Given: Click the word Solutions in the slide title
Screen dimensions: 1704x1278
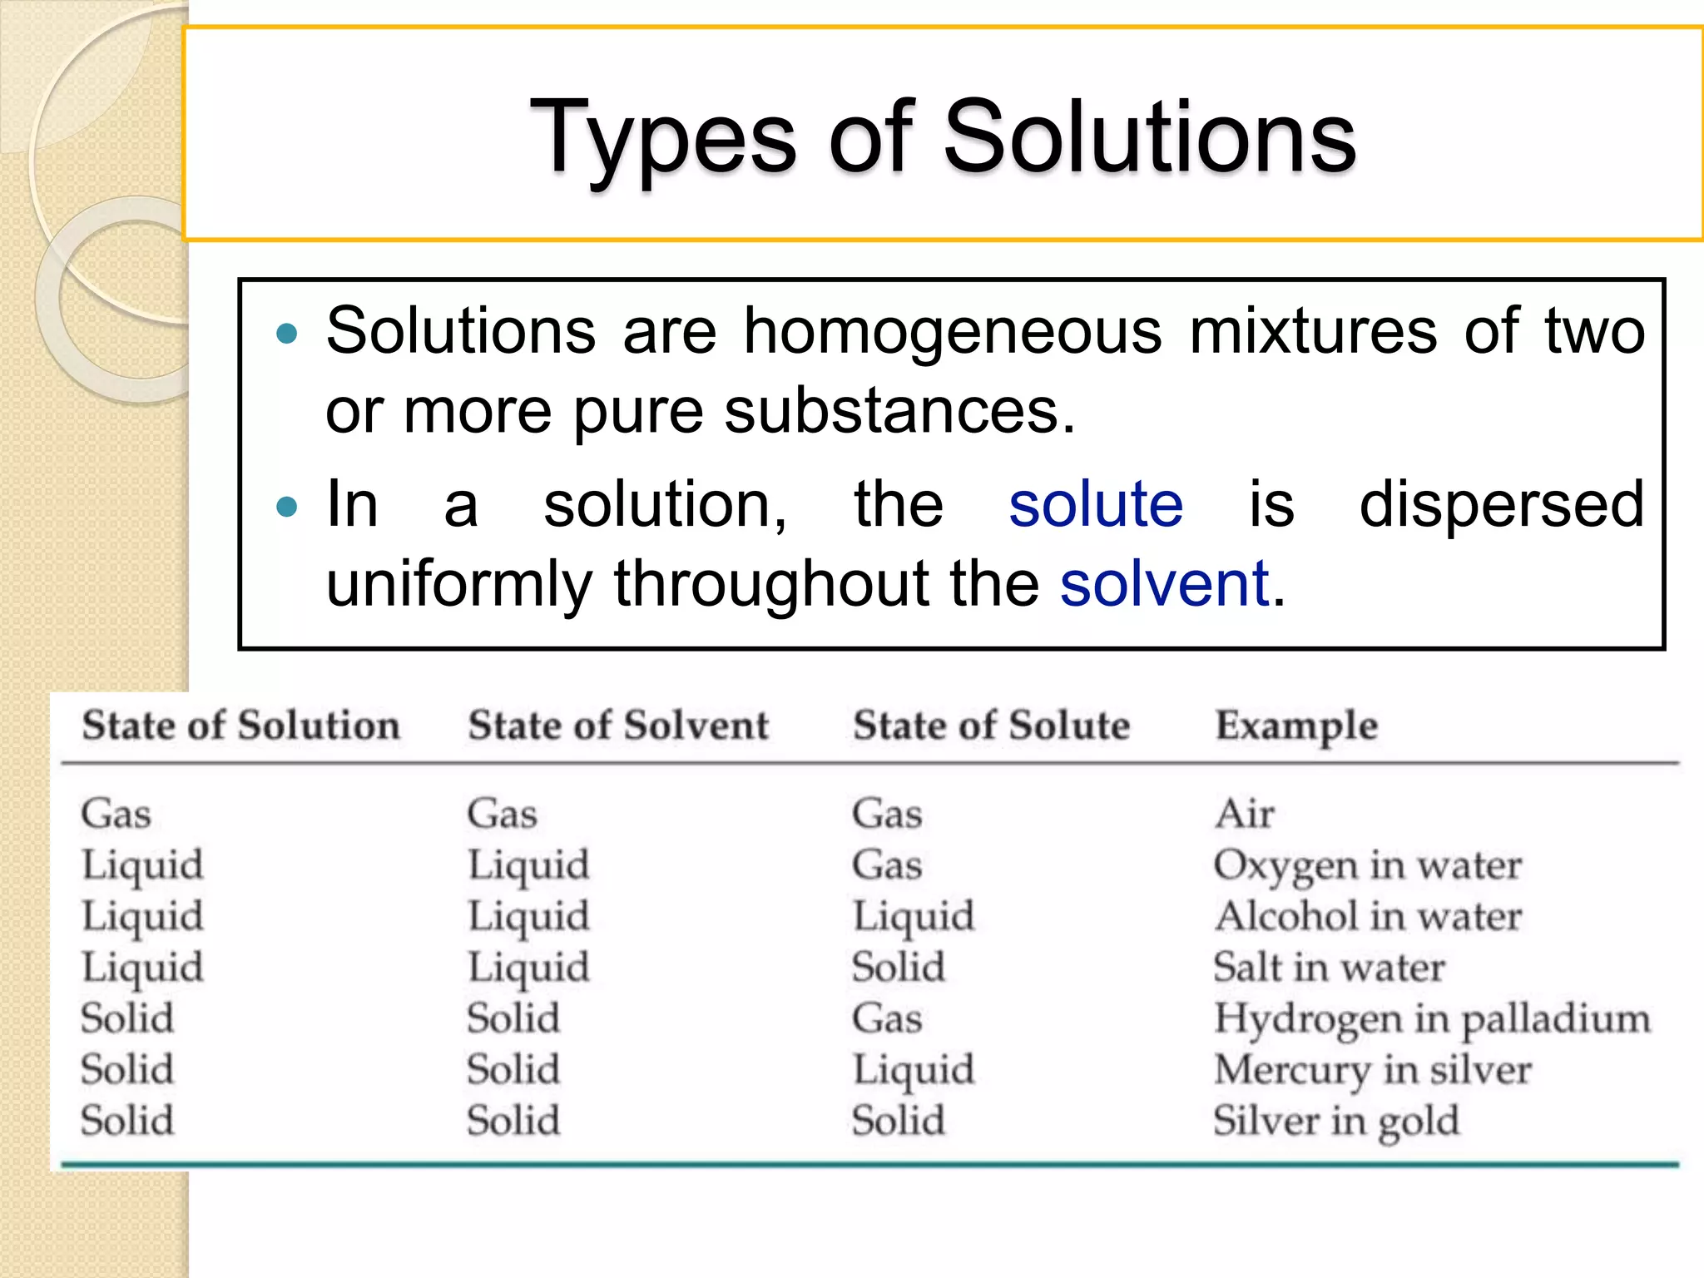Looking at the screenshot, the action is coord(1149,136).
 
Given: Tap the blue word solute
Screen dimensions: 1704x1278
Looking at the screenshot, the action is coord(1096,505).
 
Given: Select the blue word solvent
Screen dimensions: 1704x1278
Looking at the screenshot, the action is coord(1164,583).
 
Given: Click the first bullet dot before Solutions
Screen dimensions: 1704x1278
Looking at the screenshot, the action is coord(286,334).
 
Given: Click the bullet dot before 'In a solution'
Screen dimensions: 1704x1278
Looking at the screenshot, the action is coord(286,506).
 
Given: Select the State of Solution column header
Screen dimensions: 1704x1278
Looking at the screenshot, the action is coord(240,725).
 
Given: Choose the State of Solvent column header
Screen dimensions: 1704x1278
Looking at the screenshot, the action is coord(618,725).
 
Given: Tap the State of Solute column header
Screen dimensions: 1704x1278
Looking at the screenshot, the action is coord(991,725).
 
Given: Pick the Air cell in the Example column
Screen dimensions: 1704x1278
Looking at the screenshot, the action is coord(1244,813).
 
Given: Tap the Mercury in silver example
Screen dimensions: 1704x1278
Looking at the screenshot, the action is coord(1372,1070).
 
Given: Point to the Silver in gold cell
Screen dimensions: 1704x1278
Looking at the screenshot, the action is coord(1336,1122).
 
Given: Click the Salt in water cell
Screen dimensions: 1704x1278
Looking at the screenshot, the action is coord(1329,968).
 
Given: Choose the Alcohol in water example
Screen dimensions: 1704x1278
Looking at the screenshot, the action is coord(1368,916).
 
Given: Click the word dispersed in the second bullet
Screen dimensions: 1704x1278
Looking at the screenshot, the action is coord(1502,506).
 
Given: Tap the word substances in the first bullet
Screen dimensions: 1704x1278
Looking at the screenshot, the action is coord(899,411).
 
